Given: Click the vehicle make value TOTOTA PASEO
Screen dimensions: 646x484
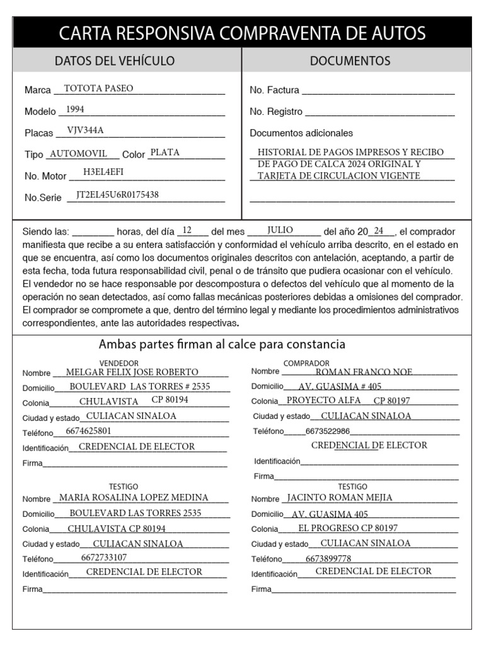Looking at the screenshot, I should coord(99,89).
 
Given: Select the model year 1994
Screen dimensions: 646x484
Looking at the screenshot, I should coord(75,110).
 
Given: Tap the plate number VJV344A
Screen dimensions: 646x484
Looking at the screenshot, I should coord(85,131).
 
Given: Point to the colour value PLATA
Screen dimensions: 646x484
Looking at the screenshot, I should coord(165,153).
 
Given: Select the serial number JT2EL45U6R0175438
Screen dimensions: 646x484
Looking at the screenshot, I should coord(117,195).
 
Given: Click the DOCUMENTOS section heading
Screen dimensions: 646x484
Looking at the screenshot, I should coord(350,61).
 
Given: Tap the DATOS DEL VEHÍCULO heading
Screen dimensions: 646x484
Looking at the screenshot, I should coord(115,61).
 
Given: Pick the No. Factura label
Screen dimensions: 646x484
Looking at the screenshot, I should coord(274,90).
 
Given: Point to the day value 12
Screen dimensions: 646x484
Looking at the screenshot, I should coord(187,230).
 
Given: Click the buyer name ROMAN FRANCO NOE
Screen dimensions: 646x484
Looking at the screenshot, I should coord(364,372).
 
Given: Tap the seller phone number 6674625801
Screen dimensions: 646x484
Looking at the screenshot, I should coord(88,432).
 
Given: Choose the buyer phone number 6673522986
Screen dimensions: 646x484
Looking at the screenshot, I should coord(327,432).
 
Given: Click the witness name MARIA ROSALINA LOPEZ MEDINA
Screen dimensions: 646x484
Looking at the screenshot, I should coord(134,498).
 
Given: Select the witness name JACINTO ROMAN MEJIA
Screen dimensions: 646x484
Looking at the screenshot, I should coord(349,498).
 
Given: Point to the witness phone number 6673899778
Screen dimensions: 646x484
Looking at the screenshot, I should coord(328,559).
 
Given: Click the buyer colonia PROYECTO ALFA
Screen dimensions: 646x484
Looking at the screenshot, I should coord(323,401).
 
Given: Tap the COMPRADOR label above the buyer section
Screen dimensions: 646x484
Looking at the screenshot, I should coord(306,363).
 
